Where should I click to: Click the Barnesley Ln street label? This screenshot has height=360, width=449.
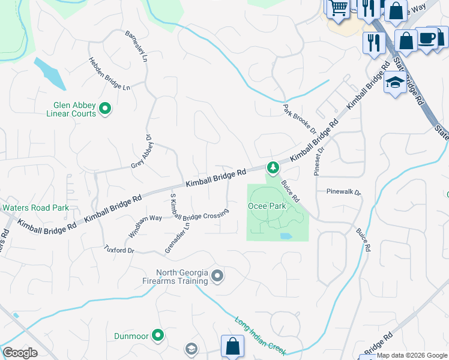tap(136, 47)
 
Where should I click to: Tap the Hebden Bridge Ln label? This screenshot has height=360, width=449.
tap(109, 74)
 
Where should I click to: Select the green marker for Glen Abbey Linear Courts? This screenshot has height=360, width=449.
tap(105, 109)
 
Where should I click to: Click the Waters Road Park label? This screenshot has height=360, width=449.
tap(35, 208)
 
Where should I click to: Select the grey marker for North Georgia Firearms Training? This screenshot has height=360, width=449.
tap(217, 276)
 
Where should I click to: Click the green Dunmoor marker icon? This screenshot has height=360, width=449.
tap(158, 335)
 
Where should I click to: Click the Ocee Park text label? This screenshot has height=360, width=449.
tap(267, 206)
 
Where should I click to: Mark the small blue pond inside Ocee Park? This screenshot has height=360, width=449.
tap(286, 236)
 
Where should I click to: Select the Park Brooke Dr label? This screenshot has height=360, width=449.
tap(300, 118)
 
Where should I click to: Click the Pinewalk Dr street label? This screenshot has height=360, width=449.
tap(343, 193)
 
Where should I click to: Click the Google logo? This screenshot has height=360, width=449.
tap(20, 353)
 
